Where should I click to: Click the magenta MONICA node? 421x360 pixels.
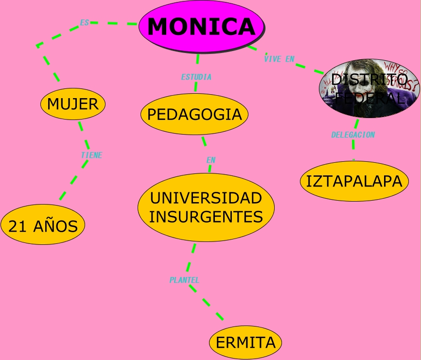(x=201, y=26)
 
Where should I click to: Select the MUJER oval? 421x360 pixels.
(x=73, y=103)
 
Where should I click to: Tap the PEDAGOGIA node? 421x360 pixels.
(x=194, y=114)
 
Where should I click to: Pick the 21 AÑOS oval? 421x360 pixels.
(x=43, y=226)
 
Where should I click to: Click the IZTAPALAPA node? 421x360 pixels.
(x=354, y=181)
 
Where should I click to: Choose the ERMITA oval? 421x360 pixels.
(x=246, y=342)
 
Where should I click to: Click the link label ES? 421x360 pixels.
(x=85, y=22)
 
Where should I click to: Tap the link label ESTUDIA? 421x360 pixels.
(x=196, y=77)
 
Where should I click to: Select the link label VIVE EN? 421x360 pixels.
(x=279, y=59)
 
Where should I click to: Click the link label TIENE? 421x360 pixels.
(x=91, y=155)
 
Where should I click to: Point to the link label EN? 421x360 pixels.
(x=210, y=160)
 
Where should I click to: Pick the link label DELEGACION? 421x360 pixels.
(x=353, y=135)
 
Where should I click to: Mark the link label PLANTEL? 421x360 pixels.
(x=184, y=280)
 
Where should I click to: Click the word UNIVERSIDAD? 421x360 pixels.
(x=206, y=198)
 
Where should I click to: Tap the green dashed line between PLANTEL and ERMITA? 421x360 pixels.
(x=206, y=303)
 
